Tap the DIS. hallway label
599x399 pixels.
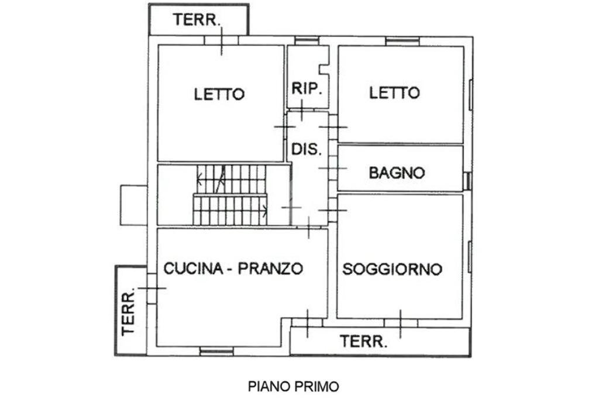coord(307,149)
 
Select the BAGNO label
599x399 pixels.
coord(396,173)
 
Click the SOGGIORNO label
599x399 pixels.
coord(392,269)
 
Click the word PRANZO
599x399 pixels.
coord(274,269)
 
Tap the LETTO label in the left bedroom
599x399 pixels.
coord(219,94)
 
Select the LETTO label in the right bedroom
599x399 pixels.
coord(394,92)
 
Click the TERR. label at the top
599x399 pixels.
coord(197,19)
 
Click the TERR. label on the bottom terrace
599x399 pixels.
coord(364,341)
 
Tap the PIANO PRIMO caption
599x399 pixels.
coord(294,386)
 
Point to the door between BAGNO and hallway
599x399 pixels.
coord(332,168)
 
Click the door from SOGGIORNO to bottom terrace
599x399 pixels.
coord(400,323)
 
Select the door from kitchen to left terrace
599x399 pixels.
coord(152,288)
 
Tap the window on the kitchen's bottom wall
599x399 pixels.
coord(216,351)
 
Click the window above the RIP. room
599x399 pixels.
coord(307,40)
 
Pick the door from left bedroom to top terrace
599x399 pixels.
coord(221,40)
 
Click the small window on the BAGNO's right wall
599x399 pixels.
coord(467,180)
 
